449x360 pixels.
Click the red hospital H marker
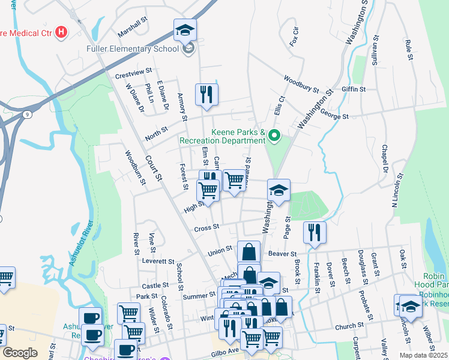(x=61, y=32)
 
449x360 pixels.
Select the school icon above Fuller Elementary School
(x=185, y=30)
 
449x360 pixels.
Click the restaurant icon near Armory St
(x=206, y=95)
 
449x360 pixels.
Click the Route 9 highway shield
(x=27, y=113)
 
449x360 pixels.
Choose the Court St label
(x=154, y=168)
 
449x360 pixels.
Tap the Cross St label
(x=206, y=228)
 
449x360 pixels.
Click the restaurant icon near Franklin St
(x=315, y=232)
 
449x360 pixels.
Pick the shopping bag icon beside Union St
(x=249, y=252)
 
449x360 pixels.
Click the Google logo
(x=20, y=353)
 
